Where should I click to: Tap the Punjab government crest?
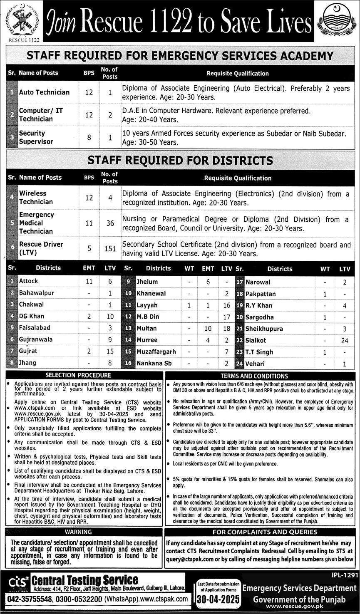coord(337,20)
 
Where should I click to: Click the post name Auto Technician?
coord(44,92)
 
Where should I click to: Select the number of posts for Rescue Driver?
coord(110,248)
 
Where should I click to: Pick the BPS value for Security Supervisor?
coord(89,137)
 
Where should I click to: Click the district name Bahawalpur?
coord(37,293)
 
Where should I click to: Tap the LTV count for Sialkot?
coord(345,340)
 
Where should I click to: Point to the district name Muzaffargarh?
coord(156,352)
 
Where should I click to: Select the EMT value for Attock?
coord(89,281)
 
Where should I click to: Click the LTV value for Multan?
coord(226,329)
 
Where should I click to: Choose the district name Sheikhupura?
coord(264,329)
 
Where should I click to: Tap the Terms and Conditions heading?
coord(260,376)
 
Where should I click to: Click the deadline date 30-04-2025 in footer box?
coord(219,599)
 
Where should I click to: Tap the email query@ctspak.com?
coord(191,560)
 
